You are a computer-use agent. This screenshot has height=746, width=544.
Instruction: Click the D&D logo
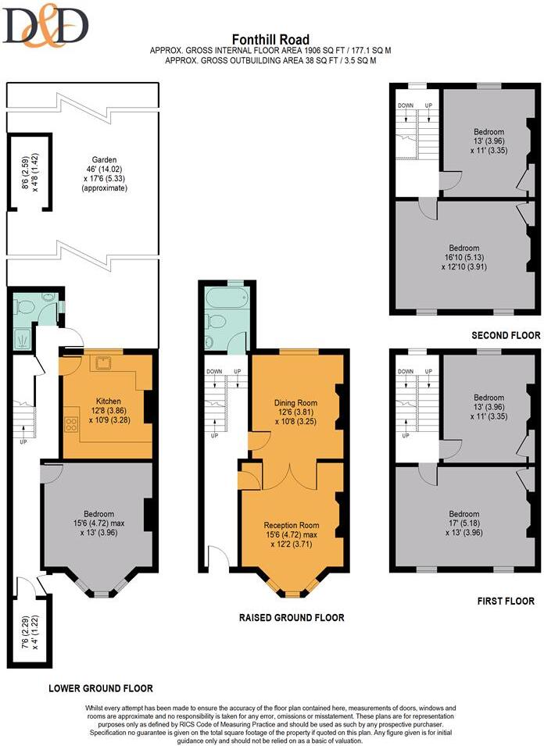(x=45, y=27)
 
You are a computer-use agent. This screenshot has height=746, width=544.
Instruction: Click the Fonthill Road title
(x=271, y=40)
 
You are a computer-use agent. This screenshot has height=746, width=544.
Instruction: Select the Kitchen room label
(x=103, y=399)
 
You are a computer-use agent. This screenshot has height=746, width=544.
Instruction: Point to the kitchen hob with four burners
(x=71, y=424)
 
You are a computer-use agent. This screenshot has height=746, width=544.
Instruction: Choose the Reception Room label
(x=292, y=524)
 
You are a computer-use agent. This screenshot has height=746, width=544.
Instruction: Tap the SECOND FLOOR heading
(x=506, y=335)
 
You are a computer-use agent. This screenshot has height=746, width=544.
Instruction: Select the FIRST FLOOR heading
(x=506, y=601)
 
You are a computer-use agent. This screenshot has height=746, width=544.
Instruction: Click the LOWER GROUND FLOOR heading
(x=101, y=688)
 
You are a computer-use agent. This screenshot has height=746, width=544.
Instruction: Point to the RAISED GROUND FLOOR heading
(x=292, y=617)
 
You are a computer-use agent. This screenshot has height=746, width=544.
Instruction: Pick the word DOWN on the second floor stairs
(x=405, y=105)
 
